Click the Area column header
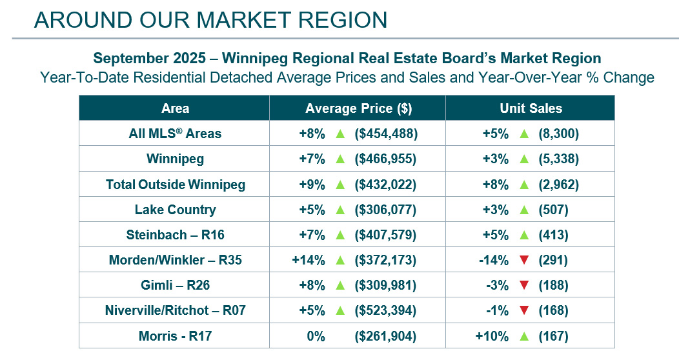click(x=175, y=108)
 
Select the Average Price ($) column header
click(x=358, y=108)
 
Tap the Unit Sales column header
click(x=531, y=108)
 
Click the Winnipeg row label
click(x=175, y=159)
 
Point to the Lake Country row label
click(x=175, y=210)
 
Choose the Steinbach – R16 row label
click(x=175, y=235)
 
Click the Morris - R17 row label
click(x=175, y=336)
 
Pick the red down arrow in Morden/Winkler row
click(x=523, y=260)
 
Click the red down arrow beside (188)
click(x=523, y=285)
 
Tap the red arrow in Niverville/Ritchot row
click(x=523, y=310)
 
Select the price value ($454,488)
click(x=385, y=134)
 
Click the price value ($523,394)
click(x=385, y=310)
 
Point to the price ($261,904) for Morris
click(x=385, y=336)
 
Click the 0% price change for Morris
click(x=313, y=336)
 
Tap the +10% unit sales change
click(x=492, y=336)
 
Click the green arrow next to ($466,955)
click(x=339, y=159)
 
